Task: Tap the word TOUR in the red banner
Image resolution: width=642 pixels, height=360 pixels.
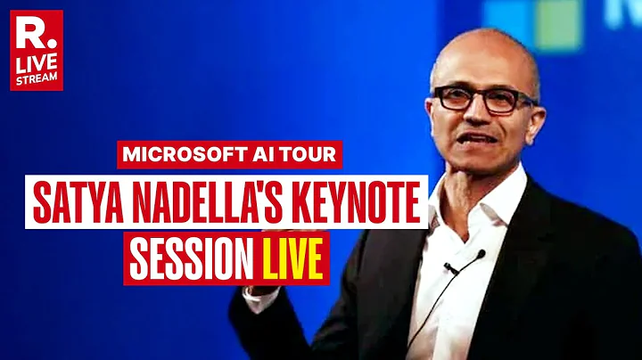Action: coord(309,153)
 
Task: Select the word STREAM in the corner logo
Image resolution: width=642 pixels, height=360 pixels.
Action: coord(37,78)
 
